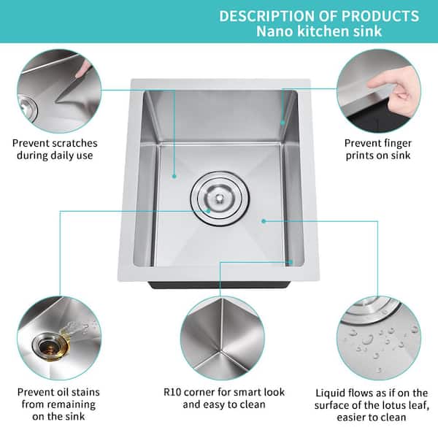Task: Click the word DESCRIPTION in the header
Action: point(267,16)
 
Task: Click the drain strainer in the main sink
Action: point(220,199)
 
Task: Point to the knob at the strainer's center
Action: point(220,198)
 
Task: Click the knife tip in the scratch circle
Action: point(56,101)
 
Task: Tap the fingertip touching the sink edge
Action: point(370,84)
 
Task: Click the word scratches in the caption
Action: point(75,143)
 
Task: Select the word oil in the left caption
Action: point(65,392)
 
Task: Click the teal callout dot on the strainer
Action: point(208,211)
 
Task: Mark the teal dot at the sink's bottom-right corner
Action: point(291,262)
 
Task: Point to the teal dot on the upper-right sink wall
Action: point(283,123)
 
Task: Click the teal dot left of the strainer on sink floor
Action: point(174,176)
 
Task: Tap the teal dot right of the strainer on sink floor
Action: point(264,221)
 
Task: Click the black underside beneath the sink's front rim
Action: point(219,285)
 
